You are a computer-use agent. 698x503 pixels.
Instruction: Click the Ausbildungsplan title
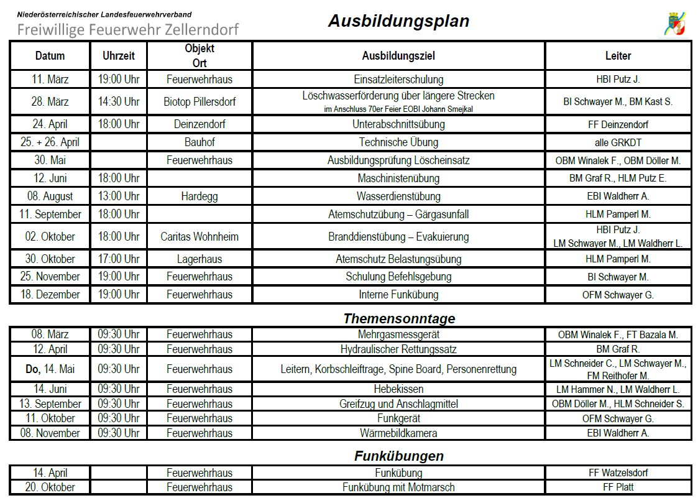pos(398,21)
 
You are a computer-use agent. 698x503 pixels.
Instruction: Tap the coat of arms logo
pos(676,24)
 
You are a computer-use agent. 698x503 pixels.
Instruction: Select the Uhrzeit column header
pos(118,56)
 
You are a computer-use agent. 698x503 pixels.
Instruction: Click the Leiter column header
pos(618,56)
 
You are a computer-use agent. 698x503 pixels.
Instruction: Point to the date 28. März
pos(50,101)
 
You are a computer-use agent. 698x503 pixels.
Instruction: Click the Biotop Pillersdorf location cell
pos(200,101)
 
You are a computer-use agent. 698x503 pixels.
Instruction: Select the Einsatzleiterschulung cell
pos(398,80)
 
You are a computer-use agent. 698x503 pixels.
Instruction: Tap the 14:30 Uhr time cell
pos(118,101)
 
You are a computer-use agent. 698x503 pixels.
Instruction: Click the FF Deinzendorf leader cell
pos(618,124)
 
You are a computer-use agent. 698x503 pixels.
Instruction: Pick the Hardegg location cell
pos(200,196)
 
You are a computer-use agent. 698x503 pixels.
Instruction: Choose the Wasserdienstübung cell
pos(398,196)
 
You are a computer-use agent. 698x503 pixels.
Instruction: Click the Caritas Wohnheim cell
pos(200,237)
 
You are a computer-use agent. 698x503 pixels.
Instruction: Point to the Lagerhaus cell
pos(200,259)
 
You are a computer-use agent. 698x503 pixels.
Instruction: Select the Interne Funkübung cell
pos(398,295)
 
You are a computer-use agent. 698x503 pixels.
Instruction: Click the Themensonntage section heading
pos(399,319)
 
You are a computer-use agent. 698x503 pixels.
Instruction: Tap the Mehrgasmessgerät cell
pos(398,335)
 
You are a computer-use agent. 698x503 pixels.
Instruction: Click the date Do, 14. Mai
pos(50,369)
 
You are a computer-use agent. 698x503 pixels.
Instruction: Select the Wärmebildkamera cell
pos(398,433)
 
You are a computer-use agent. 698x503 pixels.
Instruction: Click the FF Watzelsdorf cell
pos(618,473)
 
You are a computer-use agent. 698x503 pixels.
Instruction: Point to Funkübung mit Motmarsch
pos(398,487)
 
